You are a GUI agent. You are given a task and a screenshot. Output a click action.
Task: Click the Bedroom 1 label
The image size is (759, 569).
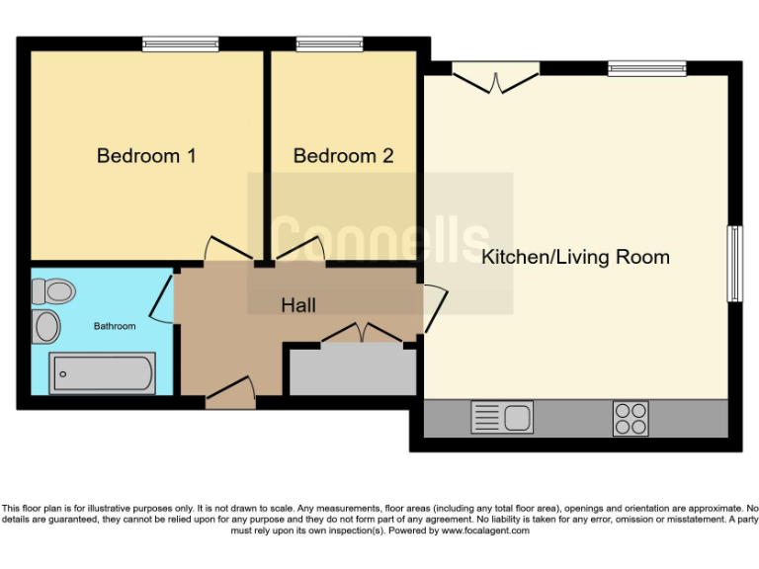(145, 156)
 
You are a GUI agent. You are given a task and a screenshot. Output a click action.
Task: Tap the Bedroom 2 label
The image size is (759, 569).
(343, 156)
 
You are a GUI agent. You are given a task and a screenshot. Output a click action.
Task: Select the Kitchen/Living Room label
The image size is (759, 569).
(575, 258)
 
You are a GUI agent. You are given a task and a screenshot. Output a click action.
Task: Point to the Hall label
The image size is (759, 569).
(298, 305)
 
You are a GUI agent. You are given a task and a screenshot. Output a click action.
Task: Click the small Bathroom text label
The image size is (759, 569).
(115, 326)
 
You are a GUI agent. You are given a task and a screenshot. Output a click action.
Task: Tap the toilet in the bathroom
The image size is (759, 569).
(53, 291)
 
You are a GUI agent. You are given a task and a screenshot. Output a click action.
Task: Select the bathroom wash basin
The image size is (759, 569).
(46, 326)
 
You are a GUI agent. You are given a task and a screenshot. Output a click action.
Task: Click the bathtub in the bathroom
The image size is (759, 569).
(102, 373)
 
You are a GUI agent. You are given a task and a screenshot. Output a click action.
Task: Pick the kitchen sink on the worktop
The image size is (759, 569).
(502, 417)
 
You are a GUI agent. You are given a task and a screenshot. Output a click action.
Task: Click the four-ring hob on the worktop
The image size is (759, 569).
(631, 417)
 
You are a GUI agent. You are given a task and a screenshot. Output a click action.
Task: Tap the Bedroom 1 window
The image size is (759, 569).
(180, 43)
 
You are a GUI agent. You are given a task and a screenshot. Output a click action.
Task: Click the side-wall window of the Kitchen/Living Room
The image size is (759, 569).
(734, 264)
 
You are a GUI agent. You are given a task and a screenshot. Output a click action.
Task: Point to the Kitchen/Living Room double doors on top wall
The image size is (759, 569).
(496, 79)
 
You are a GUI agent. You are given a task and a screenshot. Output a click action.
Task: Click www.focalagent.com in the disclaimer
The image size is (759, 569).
(484, 530)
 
